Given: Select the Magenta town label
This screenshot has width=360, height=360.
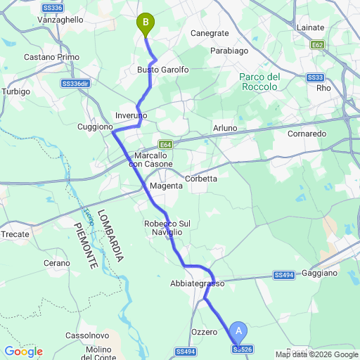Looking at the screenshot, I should point(166,186).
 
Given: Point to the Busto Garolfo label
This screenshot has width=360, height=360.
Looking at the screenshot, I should point(163,70).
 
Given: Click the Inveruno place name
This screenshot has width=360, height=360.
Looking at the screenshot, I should point(131,115).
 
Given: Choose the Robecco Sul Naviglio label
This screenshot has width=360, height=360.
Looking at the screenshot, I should point(166,228).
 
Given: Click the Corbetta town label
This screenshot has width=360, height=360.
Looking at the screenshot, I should point(201,179).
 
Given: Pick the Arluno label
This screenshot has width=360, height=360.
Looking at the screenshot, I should point(225,128).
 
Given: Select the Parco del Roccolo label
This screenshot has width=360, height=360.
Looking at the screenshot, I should point(260,82).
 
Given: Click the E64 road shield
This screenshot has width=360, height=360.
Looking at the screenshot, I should point(165,141).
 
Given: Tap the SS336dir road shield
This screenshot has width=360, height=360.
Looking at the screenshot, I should point(77,83).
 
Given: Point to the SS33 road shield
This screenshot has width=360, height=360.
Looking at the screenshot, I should point(315,77).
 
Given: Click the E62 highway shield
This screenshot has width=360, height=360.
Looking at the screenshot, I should point(317,44).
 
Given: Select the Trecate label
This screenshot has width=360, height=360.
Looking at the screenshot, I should point(15,234).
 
